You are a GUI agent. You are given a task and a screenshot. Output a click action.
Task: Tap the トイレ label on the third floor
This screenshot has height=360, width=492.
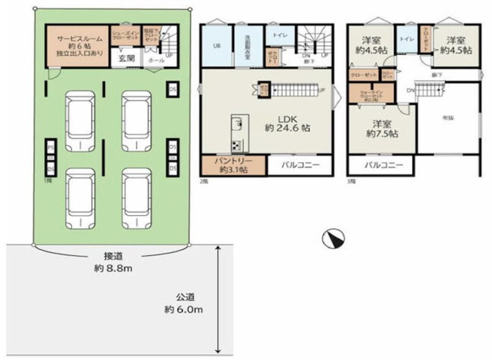point(406,38)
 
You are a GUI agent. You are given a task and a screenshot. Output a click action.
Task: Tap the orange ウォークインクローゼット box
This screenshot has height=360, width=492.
point(366,96)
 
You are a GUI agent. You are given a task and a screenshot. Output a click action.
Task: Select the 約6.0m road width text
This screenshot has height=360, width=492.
point(183,309)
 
